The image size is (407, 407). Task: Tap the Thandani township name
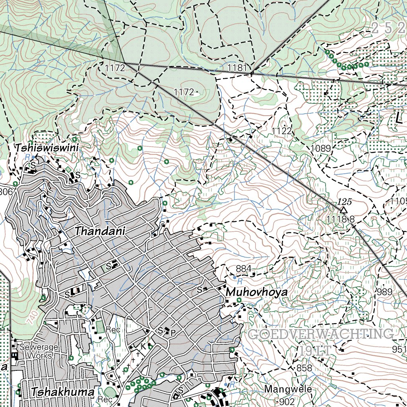click(x=100, y=231)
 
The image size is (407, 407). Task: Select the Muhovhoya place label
click(x=257, y=293)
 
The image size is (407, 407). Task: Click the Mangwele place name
click(x=288, y=389)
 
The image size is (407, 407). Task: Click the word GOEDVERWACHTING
click(x=321, y=334)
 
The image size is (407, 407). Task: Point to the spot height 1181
click(x=237, y=68)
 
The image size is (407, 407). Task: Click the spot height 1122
click(x=282, y=131)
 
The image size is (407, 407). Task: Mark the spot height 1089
click(x=321, y=149)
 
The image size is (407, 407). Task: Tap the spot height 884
click(x=243, y=269)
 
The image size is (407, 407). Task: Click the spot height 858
click(x=304, y=368)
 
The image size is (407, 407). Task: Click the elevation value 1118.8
click(x=340, y=219)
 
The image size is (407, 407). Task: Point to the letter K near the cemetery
click(x=142, y=346)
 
